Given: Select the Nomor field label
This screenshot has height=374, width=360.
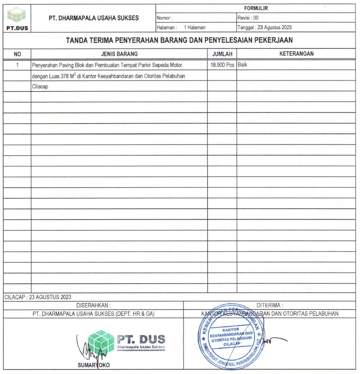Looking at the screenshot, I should [x=164, y=18].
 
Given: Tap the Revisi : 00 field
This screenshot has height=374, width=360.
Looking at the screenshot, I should [x=248, y=18].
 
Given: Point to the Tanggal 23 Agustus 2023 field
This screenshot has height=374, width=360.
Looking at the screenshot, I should [x=265, y=28].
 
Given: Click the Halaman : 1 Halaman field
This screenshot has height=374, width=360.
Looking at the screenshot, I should [x=181, y=28].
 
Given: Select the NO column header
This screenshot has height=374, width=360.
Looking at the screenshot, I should [x=17, y=54].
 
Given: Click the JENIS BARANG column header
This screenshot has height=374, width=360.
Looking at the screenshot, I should [x=119, y=54].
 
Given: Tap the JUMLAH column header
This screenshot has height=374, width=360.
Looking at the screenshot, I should [x=222, y=54].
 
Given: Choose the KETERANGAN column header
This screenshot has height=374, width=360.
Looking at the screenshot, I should [x=296, y=54].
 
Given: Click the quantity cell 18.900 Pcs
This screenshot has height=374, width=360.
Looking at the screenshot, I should [x=222, y=65].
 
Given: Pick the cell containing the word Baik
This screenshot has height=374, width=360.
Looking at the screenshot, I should [x=242, y=65].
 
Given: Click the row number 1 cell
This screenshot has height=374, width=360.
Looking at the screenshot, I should [x=17, y=65].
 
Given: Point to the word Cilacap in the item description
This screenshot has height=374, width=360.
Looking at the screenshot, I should [x=40, y=87].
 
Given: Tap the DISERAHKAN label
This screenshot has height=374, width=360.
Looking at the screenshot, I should [x=93, y=305].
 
